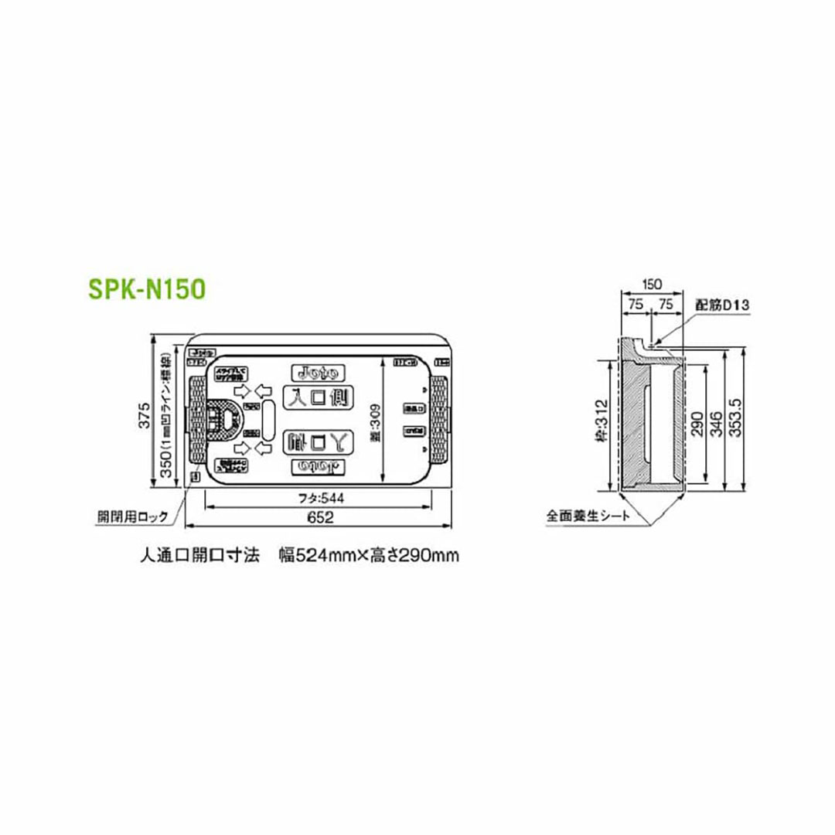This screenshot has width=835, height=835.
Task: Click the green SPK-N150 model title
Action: (146, 289)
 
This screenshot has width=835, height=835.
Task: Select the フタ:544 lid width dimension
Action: (319, 499)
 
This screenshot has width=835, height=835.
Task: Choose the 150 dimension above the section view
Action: (651, 285)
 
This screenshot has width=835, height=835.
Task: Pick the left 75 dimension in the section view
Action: (636, 305)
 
